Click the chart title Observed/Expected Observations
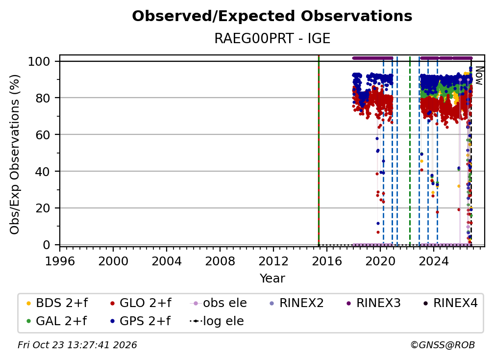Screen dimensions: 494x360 click(x=272, y=16)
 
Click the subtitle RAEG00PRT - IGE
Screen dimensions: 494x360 click(x=272, y=39)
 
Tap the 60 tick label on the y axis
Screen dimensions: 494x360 click(x=43, y=135)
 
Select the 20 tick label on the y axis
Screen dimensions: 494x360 click(x=43, y=208)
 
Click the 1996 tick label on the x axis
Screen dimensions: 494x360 click(x=60, y=261)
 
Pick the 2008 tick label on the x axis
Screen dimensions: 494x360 click(x=220, y=261)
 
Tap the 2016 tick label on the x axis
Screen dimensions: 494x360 click(x=327, y=261)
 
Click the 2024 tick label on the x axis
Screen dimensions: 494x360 click(x=434, y=261)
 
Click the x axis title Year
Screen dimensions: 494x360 click(x=272, y=279)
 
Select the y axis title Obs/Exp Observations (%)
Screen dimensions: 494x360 click(x=15, y=154)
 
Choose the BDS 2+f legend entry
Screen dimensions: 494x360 click(x=57, y=303)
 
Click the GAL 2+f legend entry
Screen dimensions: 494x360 click(x=57, y=321)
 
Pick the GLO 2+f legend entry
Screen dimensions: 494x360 click(x=141, y=303)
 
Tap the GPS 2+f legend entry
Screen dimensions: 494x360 click(x=140, y=321)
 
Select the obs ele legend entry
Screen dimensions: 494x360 click(x=219, y=303)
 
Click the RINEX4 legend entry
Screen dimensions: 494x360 click(x=450, y=303)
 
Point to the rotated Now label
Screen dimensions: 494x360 click(x=479, y=76)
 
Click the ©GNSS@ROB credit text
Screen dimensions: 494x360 click(x=443, y=345)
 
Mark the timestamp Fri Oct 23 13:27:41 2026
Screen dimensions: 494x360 click(x=77, y=345)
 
